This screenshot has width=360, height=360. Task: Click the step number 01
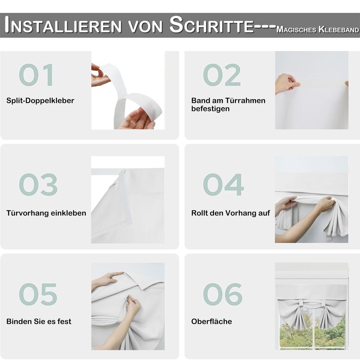[x=37, y=75]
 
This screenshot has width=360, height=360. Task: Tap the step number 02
[x=222, y=75]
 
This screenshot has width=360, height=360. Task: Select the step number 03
[x=38, y=185]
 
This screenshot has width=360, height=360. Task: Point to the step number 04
[x=223, y=185]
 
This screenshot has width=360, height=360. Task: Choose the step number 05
[x=38, y=294]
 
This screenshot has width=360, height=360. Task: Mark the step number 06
[x=223, y=294]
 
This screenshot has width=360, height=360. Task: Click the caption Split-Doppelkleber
[x=40, y=101]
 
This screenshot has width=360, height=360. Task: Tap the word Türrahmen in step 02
[x=245, y=101]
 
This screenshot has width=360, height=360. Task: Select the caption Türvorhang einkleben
[x=46, y=213]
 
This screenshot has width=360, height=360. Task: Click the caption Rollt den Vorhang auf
[x=231, y=213]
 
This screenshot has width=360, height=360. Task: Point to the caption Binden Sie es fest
[x=39, y=321]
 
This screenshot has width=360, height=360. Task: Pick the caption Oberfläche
[x=211, y=321]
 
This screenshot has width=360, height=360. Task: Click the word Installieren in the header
[x=63, y=25]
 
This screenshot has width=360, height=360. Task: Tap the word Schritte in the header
[x=211, y=25]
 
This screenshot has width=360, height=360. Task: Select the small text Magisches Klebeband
[x=318, y=30]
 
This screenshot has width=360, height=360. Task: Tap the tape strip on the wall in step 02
[x=321, y=83]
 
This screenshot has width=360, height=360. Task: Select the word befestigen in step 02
[x=210, y=109]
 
